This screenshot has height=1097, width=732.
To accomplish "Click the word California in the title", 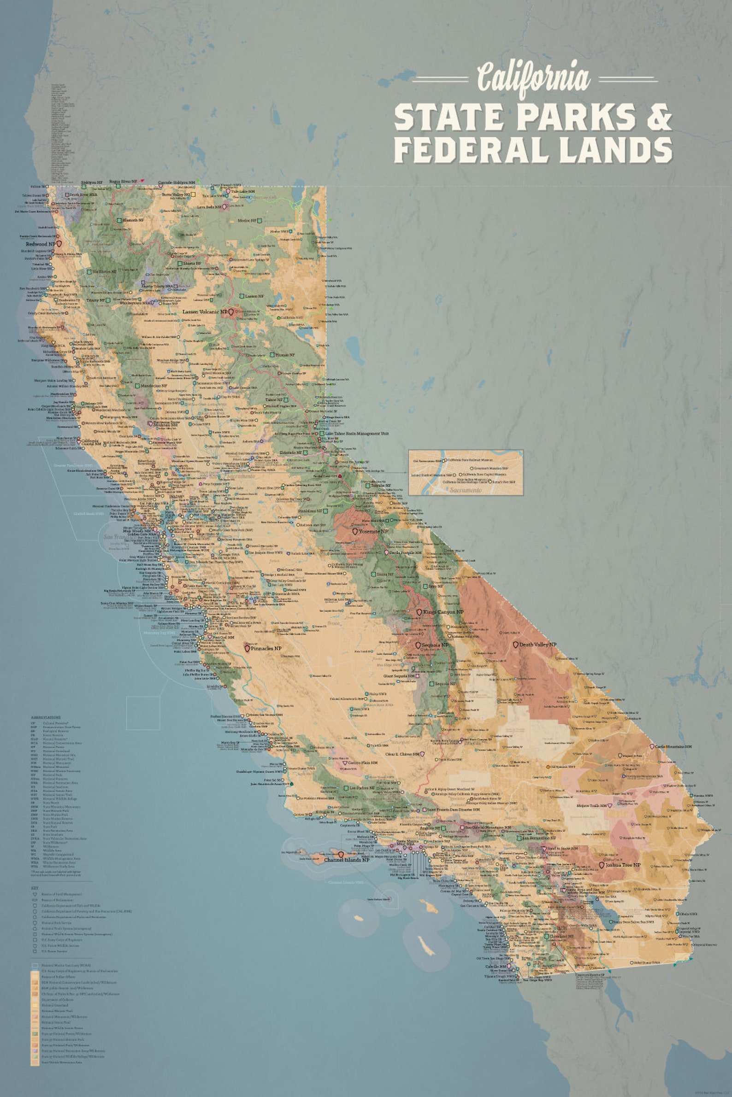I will [x=533, y=77].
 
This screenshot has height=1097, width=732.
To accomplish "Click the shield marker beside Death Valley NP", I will [x=516, y=645].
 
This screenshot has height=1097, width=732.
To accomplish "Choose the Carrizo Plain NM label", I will [x=362, y=763].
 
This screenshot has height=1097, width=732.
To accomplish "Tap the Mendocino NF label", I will [x=151, y=386].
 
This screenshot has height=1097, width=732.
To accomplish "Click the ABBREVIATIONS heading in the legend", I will [x=46, y=717].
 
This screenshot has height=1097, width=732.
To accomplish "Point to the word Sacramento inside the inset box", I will [x=466, y=490].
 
